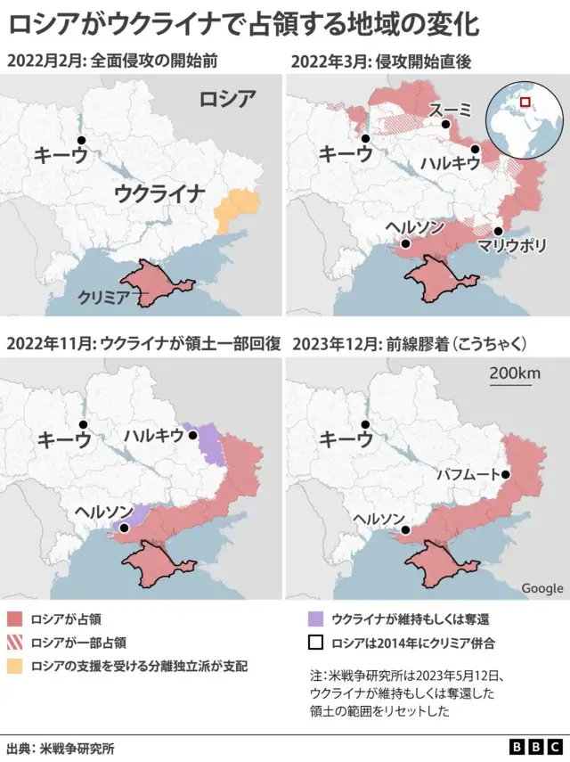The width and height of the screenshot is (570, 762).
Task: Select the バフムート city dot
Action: pyautogui.click(x=506, y=475)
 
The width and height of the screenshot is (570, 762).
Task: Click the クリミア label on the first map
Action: pyautogui.click(x=105, y=296)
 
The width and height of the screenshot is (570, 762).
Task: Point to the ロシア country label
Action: pyautogui.click(x=226, y=99)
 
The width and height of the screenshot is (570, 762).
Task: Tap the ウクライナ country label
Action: pyautogui.click(x=159, y=193)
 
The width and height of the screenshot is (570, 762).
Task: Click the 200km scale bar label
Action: pyautogui.click(x=514, y=373)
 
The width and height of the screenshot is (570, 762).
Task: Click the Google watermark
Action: pyautogui.click(x=541, y=588)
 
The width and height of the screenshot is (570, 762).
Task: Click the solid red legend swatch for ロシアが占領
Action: pyautogui.click(x=15, y=618)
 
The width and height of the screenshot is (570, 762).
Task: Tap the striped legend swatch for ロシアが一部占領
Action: pyautogui.click(x=15, y=642)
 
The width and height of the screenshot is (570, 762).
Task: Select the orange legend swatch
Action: pyautogui.click(x=15, y=666)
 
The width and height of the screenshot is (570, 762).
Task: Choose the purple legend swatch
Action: pyautogui.click(x=314, y=618)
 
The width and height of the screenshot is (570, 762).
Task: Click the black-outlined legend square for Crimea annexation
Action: pyautogui.click(x=314, y=642)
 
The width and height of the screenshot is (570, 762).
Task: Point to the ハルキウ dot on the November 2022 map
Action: pyautogui.click(x=191, y=435)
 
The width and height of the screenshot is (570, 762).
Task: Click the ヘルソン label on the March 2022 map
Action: pyautogui.click(x=414, y=227)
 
